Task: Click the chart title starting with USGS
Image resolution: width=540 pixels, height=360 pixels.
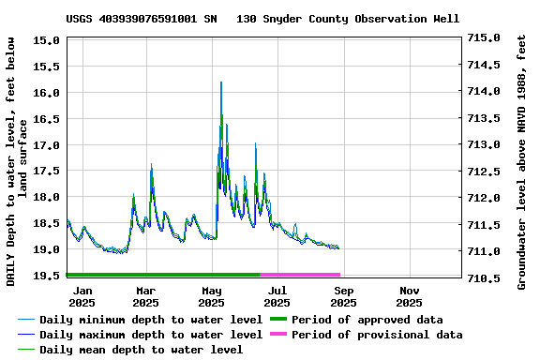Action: (x=262, y=19)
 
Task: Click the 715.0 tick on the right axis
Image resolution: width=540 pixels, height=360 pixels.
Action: (x=485, y=38)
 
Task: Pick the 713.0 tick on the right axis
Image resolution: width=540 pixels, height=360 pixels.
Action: (x=485, y=145)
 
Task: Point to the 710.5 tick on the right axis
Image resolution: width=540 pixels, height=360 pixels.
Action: (x=485, y=278)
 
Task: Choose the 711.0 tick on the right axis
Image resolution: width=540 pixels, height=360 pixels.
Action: (x=485, y=252)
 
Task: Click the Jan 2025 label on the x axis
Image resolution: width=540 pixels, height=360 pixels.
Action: (x=82, y=296)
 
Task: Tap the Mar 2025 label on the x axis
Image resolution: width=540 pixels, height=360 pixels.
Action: (x=145, y=296)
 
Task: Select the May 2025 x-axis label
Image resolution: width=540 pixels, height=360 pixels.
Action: (x=211, y=296)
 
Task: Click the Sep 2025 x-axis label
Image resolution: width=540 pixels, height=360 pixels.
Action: (x=343, y=296)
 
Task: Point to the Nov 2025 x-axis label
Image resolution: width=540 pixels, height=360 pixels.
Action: (x=409, y=296)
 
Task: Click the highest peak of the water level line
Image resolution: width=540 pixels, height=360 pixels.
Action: (x=221, y=82)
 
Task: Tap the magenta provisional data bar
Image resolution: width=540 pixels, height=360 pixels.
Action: (x=300, y=275)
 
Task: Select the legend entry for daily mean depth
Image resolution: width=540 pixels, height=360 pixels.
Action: (x=141, y=350)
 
